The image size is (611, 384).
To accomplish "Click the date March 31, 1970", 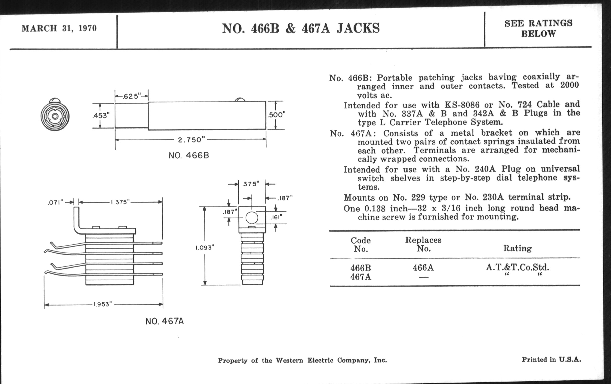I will tap(59, 28).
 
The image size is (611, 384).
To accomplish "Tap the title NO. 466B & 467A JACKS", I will tap(301, 28).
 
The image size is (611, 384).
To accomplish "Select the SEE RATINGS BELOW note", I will tap(538, 28).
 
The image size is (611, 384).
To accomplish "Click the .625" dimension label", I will tap(131, 96).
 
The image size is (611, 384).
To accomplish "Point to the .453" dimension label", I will tap(101, 116).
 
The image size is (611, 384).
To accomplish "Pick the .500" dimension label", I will tap(276, 115).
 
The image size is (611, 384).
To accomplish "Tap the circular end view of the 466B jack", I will tap(55, 116).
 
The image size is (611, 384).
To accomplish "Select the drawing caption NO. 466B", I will tap(188, 155).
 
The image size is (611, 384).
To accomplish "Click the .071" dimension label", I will tap(55, 203).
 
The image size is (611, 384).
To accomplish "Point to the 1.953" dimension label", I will tap(103, 304).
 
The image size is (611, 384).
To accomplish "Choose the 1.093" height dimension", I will tap(205, 248).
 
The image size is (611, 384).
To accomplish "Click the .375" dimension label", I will tap(250, 184).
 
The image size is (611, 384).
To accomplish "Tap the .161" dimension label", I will tap(276, 217).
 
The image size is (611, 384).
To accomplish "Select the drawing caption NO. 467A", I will tap(164, 322).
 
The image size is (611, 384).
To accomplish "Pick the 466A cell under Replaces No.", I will tap(423, 268).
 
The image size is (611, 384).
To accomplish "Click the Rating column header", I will tap(517, 248).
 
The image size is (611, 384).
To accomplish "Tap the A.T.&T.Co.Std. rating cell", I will tap(517, 267).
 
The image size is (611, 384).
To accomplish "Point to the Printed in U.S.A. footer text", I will tap(551, 360).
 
